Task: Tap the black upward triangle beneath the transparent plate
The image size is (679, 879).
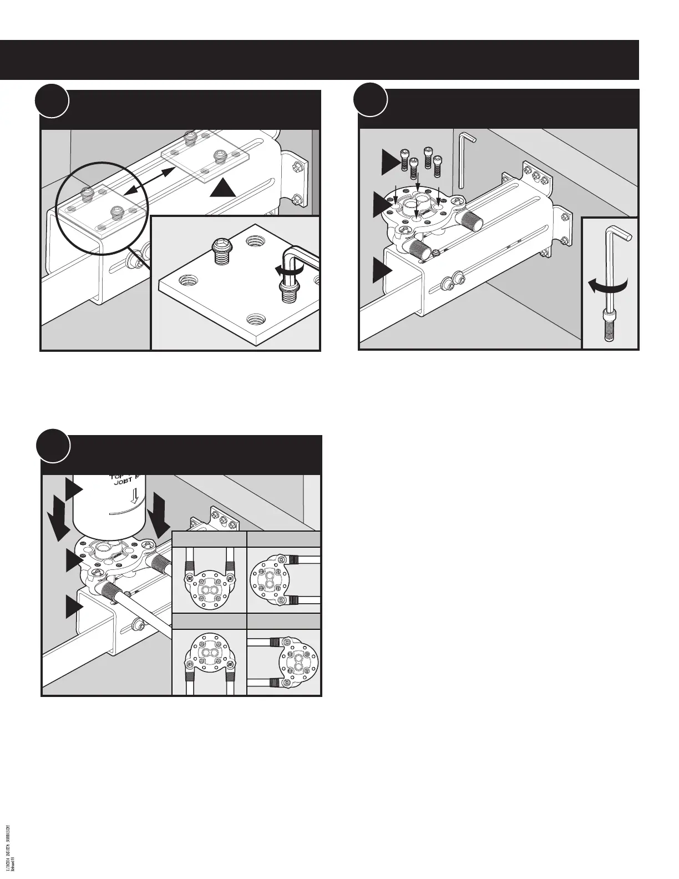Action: point(223,188)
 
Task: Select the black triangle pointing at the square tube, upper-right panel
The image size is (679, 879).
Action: point(382,272)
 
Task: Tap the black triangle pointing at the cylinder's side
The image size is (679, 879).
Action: point(74,490)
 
